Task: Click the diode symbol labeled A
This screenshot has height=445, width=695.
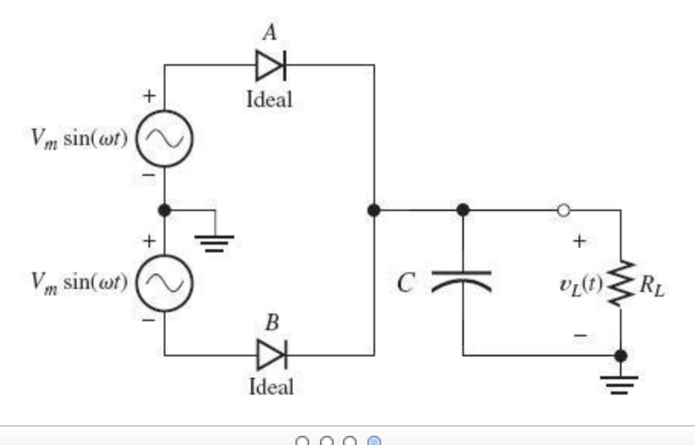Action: point(270,67)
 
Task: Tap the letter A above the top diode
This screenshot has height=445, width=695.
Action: point(269,31)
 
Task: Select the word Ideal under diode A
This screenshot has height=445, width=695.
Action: point(269,99)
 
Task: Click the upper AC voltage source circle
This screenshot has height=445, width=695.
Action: point(163,139)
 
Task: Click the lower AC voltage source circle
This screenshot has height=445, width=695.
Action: point(163,284)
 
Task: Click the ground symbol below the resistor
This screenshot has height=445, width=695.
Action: point(620,382)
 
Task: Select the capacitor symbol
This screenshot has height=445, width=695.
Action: point(462,281)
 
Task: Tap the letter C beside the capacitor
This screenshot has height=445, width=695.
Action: point(406,284)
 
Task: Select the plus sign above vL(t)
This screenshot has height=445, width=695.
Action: point(579,242)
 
